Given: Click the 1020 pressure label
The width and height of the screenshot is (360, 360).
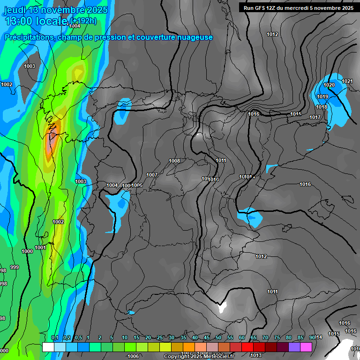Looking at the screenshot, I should coord(329,85).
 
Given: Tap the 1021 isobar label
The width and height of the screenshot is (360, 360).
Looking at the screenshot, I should coord(347,82).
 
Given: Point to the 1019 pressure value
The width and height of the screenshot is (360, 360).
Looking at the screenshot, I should coord(322,97).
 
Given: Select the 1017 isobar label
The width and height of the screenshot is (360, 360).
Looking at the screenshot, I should coord(315,117).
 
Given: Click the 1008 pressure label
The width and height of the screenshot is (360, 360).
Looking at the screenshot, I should coord(174,161).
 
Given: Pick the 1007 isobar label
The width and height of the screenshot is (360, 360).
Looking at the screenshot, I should coord(152,175).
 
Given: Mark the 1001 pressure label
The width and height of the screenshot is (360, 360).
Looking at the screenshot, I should coord(40,247).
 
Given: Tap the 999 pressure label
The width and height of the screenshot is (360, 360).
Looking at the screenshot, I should coord(15,267).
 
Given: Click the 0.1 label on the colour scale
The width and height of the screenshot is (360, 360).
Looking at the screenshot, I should coord(55,338).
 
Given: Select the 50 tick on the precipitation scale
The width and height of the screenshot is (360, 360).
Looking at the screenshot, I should coord(218,338).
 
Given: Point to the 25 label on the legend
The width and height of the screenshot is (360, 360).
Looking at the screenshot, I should coord(160,338).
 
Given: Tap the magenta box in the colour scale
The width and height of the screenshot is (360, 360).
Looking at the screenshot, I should coord(306,347).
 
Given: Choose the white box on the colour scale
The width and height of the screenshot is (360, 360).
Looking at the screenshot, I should coord(48,347).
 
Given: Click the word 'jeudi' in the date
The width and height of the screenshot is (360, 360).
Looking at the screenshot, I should coord(15,10).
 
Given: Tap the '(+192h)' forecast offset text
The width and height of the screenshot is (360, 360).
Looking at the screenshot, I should coord(83,21).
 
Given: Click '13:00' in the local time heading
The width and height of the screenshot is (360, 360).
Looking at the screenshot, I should coord(18,21).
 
